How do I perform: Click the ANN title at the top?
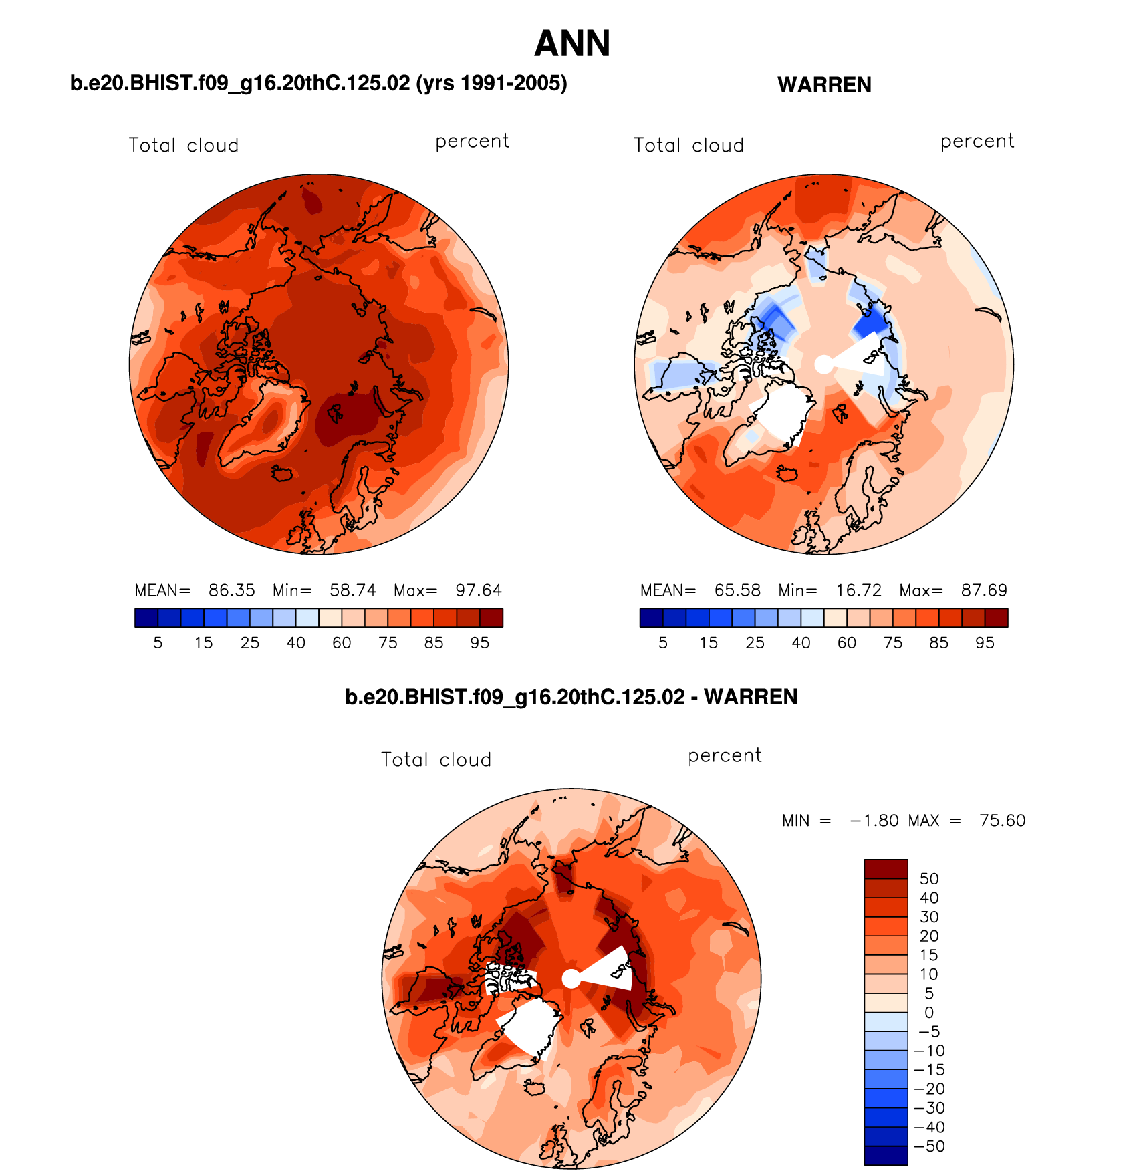tap(572, 44)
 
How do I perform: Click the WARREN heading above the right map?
tap(824, 85)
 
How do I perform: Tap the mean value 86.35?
tap(231, 590)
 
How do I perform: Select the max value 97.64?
tap(479, 590)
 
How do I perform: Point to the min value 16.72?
tap(858, 590)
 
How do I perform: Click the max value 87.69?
tap(984, 590)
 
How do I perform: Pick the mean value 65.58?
tap(737, 590)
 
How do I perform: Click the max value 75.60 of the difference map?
tap(1002, 821)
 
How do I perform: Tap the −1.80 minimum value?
tap(874, 821)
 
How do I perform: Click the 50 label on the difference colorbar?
tap(929, 879)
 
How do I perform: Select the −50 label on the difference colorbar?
tap(929, 1146)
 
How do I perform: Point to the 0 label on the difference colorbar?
tap(929, 1013)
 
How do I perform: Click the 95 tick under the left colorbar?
tap(479, 643)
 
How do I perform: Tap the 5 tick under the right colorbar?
tap(663, 643)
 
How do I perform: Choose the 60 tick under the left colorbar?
tap(342, 643)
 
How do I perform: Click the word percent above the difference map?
tap(725, 756)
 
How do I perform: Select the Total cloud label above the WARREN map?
tap(688, 146)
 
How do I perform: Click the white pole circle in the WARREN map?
tap(824, 364)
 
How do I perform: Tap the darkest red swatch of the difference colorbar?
tap(886, 869)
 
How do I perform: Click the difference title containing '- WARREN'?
tap(571, 697)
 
